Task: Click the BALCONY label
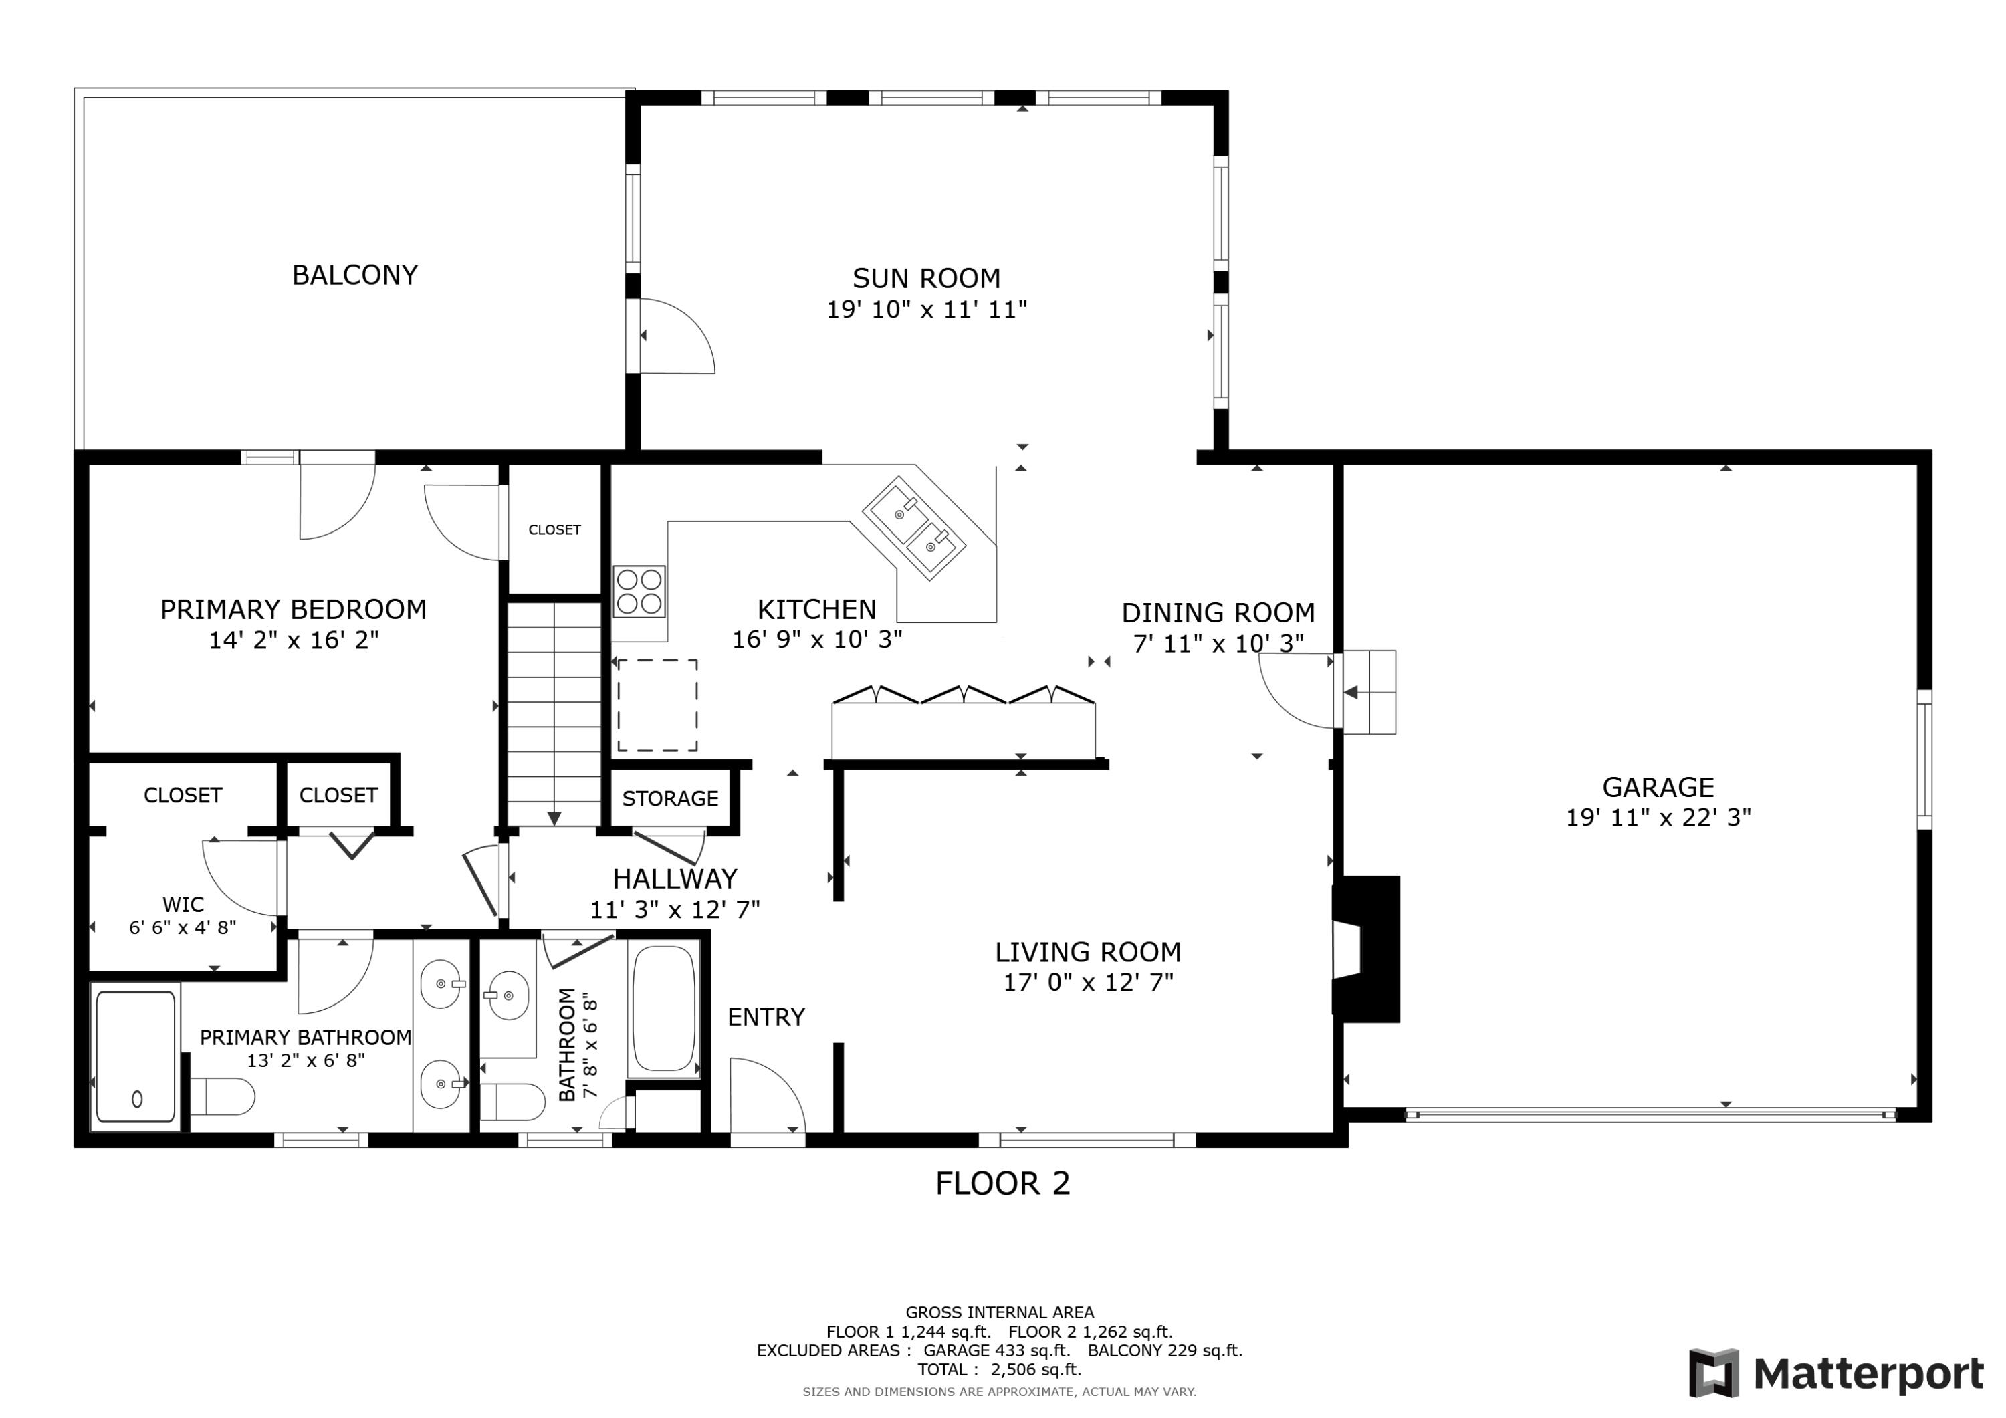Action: click(x=354, y=275)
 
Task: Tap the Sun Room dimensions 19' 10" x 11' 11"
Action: click(x=926, y=310)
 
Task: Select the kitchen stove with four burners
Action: click(x=639, y=592)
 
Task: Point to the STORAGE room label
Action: click(x=669, y=798)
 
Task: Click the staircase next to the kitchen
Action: click(x=554, y=712)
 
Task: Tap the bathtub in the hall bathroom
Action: click(x=663, y=1009)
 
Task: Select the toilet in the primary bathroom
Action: click(x=223, y=1096)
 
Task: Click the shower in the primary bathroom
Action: click(x=136, y=1056)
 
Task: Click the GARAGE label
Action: click(x=1658, y=787)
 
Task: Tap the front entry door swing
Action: click(x=764, y=1096)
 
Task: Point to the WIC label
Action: click(x=183, y=905)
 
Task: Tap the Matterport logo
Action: click(x=1835, y=1373)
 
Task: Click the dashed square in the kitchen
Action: click(x=657, y=705)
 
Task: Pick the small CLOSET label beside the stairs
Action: click(x=554, y=529)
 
